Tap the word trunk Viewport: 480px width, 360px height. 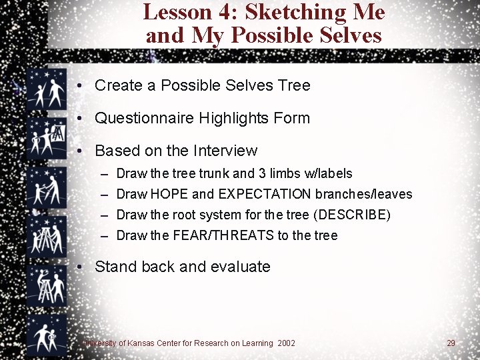tap(213, 174)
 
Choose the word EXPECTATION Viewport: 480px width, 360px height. tap(265, 195)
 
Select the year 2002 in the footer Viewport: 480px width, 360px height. tap(285, 343)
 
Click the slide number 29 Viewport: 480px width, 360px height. tap(451, 343)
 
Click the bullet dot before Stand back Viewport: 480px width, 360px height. tap(79, 267)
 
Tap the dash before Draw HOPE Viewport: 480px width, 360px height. tap(105, 195)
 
